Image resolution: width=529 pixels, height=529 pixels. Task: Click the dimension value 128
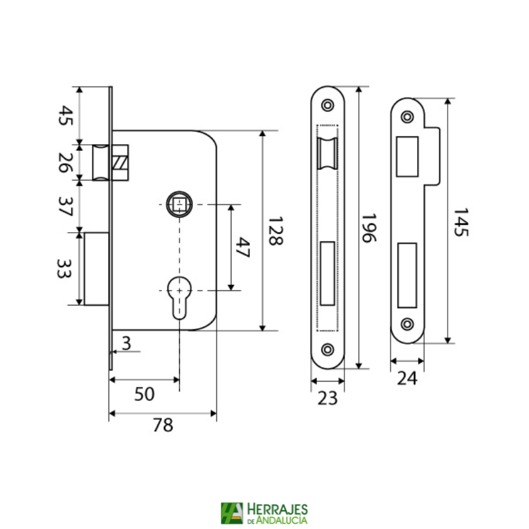[x=275, y=231]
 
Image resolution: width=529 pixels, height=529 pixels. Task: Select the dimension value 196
[x=369, y=228]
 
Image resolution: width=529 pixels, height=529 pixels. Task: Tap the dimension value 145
[x=461, y=222]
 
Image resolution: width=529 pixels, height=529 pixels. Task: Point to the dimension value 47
[x=243, y=248]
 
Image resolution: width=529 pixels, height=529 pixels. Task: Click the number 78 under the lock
[x=163, y=426]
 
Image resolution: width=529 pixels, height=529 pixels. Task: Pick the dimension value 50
[x=144, y=394]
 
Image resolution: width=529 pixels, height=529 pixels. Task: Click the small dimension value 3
[x=127, y=343]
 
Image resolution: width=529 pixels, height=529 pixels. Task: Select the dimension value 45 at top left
[x=63, y=117]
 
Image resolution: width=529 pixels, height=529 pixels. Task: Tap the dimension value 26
[x=63, y=161]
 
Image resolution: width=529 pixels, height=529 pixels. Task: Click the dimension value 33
[x=63, y=268]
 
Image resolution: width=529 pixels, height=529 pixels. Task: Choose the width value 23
[x=327, y=398]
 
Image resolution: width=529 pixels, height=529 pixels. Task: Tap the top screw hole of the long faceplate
[x=327, y=105]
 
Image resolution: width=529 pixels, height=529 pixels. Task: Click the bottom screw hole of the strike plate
[x=407, y=324]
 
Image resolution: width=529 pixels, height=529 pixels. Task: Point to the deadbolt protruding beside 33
[x=97, y=268]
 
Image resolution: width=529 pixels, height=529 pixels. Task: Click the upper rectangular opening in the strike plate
[x=407, y=156]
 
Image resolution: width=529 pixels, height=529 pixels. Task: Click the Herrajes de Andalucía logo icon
[x=232, y=513]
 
